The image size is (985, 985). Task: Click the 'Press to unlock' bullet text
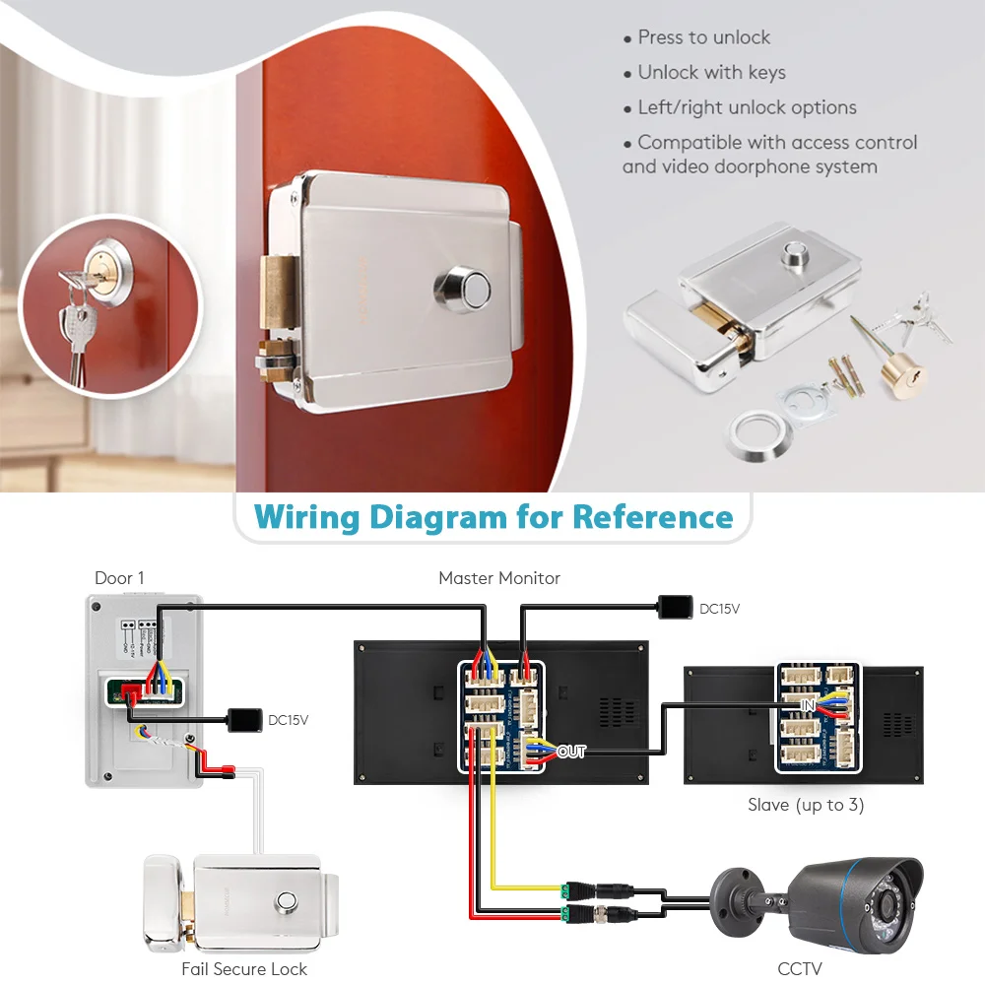[703, 37]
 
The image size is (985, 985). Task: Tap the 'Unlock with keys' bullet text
[711, 73]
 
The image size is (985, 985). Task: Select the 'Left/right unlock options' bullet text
[747, 108]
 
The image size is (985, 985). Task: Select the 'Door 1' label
[119, 578]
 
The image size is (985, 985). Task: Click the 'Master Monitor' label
[499, 578]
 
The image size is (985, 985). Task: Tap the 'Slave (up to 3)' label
[806, 805]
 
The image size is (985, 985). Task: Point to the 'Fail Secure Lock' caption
[244, 969]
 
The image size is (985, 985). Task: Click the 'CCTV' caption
[800, 969]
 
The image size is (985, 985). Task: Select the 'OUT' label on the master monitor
[571, 752]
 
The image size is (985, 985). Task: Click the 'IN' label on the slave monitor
[808, 706]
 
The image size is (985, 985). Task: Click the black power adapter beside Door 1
[243, 719]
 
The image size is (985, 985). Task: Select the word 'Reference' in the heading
[653, 516]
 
